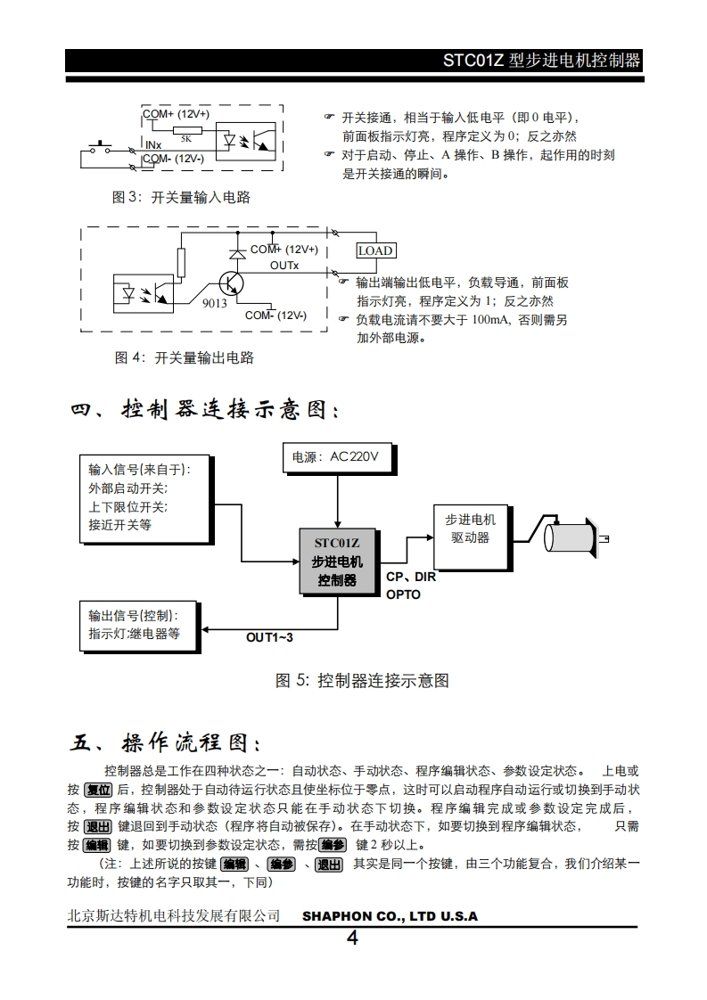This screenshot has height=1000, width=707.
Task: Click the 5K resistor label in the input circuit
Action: coord(185,138)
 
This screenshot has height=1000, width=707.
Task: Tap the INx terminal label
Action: coord(152,144)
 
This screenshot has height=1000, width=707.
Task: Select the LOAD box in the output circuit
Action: coord(375,250)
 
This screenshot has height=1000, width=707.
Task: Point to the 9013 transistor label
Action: coord(214,303)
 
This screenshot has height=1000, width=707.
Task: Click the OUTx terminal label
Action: coord(284,266)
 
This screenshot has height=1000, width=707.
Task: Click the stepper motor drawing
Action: coord(571,537)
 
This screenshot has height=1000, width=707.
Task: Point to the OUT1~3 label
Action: coord(269,636)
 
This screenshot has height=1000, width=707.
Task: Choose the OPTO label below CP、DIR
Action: coord(403,594)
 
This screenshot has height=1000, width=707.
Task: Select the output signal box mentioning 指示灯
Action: coord(139,625)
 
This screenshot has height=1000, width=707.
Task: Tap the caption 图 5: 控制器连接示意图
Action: coord(361,681)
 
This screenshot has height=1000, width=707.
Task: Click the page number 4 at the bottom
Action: coord(352,938)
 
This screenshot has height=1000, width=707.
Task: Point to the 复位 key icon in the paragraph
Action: coord(97,791)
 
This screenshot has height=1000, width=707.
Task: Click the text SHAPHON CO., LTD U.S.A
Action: coord(390,916)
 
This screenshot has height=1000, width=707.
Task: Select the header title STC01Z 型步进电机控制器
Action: coord(542,61)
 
